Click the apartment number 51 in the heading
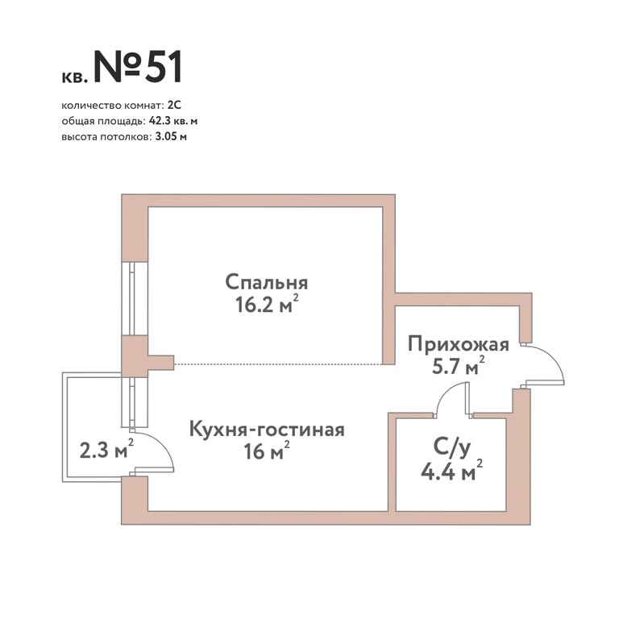pyautogui.click(x=164, y=67)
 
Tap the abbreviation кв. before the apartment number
pyautogui.click(x=73, y=77)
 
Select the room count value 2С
pyautogui.click(x=174, y=106)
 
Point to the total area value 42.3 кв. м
pyautogui.click(x=173, y=121)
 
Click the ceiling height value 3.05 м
pyautogui.click(x=168, y=137)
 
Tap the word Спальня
pyautogui.click(x=267, y=283)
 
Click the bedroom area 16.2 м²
pyautogui.click(x=267, y=304)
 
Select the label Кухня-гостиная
pyautogui.click(x=268, y=430)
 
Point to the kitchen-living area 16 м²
pyautogui.click(x=267, y=451)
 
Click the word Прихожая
pyautogui.click(x=459, y=345)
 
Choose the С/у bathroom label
pyautogui.click(x=452, y=448)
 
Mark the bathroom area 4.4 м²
pyautogui.click(x=452, y=471)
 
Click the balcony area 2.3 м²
pyautogui.click(x=106, y=450)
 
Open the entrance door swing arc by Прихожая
pyautogui.click(x=555, y=357)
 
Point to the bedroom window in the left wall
pyautogui.click(x=135, y=298)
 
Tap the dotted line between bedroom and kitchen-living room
pyautogui.click(x=278, y=364)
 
